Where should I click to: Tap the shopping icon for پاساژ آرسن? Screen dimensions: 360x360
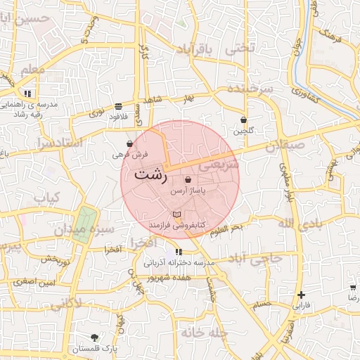coord(188,180)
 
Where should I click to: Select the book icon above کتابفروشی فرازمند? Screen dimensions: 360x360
coord(176,214)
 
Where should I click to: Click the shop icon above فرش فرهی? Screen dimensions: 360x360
coord(129,143)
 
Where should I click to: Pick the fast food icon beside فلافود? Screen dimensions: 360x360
coord(127,107)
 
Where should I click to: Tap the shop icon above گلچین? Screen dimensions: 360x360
coord(243,120)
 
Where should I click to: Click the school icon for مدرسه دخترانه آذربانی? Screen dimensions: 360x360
coord(179,252)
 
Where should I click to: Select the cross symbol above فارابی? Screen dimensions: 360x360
coord(301,295)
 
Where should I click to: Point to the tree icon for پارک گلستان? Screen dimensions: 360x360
coord(95,338)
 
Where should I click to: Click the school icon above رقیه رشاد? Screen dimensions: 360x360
coord(27,93)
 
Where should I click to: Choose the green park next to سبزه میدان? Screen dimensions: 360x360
coord(84,224)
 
